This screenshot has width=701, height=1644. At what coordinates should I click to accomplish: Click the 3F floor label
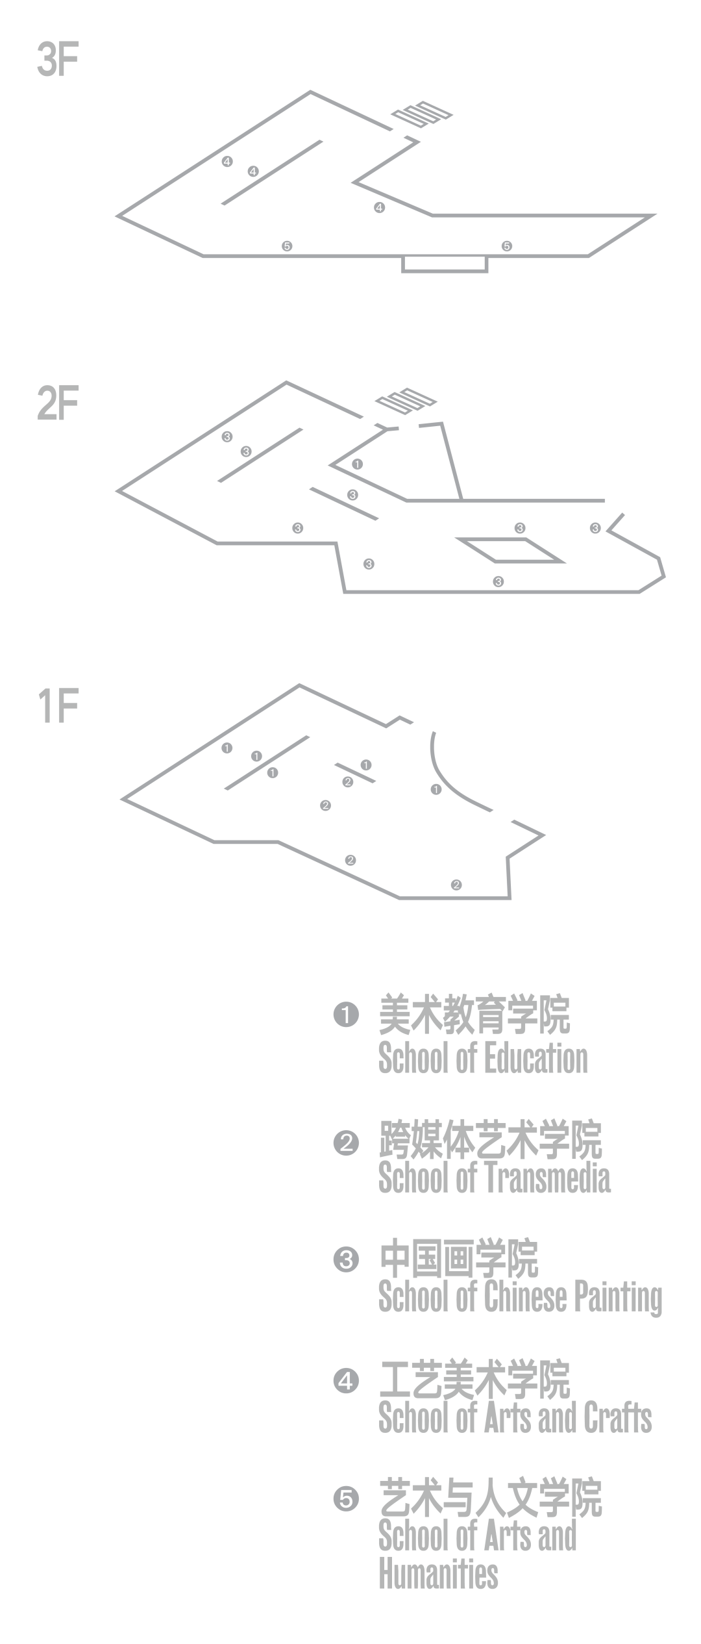tap(58, 61)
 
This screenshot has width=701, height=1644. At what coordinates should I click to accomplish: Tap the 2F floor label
tap(58, 403)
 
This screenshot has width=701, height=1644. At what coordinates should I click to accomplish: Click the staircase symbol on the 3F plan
tap(421, 114)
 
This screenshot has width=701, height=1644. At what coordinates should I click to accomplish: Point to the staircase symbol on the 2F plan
tap(407, 401)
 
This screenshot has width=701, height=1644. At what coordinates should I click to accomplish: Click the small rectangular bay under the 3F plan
tap(445, 264)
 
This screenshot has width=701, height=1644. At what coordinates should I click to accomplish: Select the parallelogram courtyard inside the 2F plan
tap(510, 550)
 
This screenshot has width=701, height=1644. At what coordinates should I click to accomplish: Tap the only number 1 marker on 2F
tap(358, 464)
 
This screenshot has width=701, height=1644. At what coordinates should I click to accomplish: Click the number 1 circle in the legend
tap(346, 1014)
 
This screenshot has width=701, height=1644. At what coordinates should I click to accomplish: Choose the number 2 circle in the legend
tap(346, 1141)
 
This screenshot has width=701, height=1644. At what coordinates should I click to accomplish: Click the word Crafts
tap(617, 1417)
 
